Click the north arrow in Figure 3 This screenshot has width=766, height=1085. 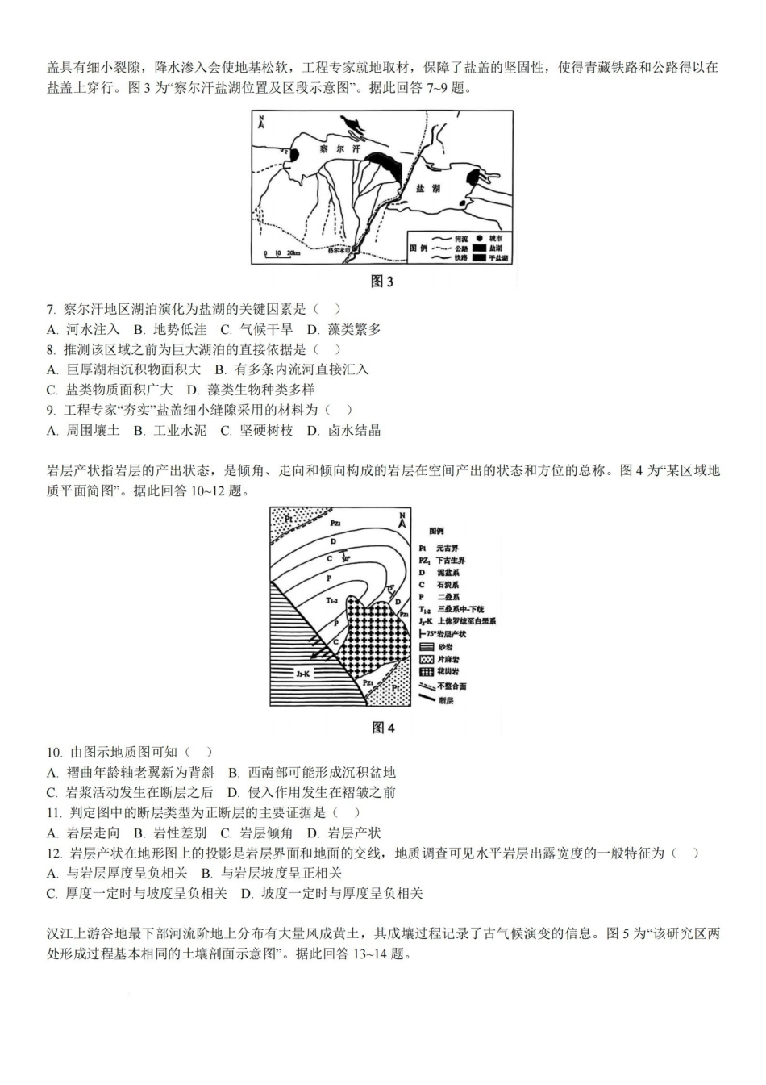pyautogui.click(x=261, y=123)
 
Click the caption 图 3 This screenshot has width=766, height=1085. pyautogui.click(x=382, y=282)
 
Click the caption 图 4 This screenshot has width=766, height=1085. pyautogui.click(x=383, y=728)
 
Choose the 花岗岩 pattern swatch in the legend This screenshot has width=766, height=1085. pyautogui.click(x=427, y=671)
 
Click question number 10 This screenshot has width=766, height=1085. pyautogui.click(x=54, y=752)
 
